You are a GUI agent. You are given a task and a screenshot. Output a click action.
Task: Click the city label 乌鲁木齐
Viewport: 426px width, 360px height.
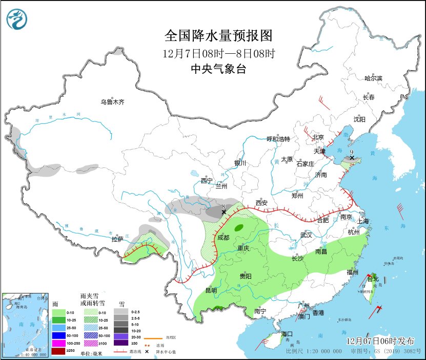tap(112, 102)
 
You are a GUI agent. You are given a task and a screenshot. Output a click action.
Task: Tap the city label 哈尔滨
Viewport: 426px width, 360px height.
tap(373, 78)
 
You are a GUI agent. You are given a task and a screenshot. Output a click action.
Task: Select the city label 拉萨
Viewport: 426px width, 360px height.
tap(117, 239)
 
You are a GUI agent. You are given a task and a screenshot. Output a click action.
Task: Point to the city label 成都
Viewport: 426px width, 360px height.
tap(223, 238)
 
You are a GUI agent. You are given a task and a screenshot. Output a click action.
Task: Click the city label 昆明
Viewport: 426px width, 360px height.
tap(211, 290)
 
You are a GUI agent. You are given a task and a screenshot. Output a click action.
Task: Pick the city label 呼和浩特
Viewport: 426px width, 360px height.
tap(278, 139)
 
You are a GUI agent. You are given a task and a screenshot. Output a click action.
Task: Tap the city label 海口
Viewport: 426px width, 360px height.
tap(288, 334)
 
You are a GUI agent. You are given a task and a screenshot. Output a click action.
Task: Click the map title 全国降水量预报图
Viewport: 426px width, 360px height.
tap(218, 35)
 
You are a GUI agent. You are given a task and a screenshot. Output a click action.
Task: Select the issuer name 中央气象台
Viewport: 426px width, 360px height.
tap(218, 69)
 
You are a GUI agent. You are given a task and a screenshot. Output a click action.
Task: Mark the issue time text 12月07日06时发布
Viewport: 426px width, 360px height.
tap(380, 341)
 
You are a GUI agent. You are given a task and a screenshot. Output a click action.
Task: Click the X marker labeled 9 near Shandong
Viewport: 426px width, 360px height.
tap(351, 159)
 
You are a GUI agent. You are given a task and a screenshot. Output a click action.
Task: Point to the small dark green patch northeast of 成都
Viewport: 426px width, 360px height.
tap(238, 229)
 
